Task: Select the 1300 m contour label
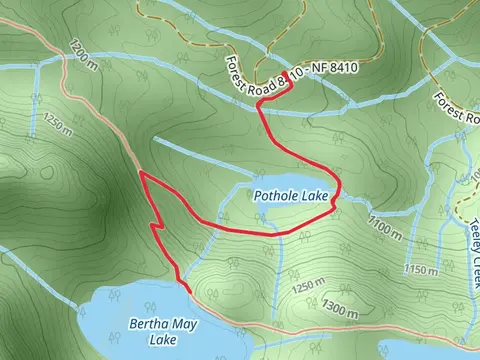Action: pos(340,313)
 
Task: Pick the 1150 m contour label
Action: pos(423,270)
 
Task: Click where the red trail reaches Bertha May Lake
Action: pos(183,287)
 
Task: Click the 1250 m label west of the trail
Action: pos(57,125)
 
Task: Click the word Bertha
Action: pos(148,324)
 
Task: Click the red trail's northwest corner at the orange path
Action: pos(141,173)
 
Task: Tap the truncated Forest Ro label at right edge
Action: pos(456,108)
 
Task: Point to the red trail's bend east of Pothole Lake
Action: pos(340,190)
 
